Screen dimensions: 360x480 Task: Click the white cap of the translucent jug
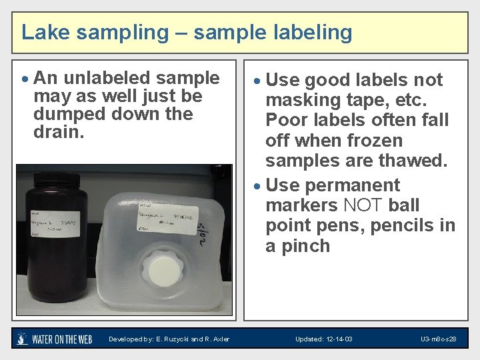[163, 270]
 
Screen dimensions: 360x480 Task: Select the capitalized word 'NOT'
[363, 205]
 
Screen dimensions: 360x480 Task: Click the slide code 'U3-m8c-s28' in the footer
[438, 339]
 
